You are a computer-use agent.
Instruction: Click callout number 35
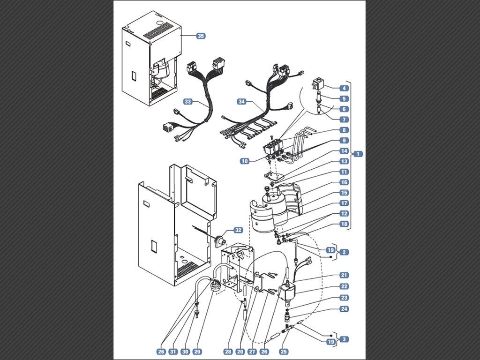click(201, 36)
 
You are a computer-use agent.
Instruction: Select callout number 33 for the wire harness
click(188, 101)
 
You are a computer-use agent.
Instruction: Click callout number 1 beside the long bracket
click(358, 153)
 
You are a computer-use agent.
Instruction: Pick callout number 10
click(244, 161)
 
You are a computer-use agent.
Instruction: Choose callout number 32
click(238, 230)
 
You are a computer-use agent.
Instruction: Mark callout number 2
click(344, 252)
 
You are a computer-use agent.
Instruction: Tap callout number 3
click(344, 339)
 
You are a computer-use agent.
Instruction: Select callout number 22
click(344, 286)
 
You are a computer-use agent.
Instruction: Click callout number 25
click(284, 351)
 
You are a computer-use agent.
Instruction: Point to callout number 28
click(228, 351)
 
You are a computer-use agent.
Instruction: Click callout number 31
click(173, 351)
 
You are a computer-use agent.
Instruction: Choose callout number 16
click(344, 182)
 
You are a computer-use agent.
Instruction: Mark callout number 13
click(344, 161)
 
